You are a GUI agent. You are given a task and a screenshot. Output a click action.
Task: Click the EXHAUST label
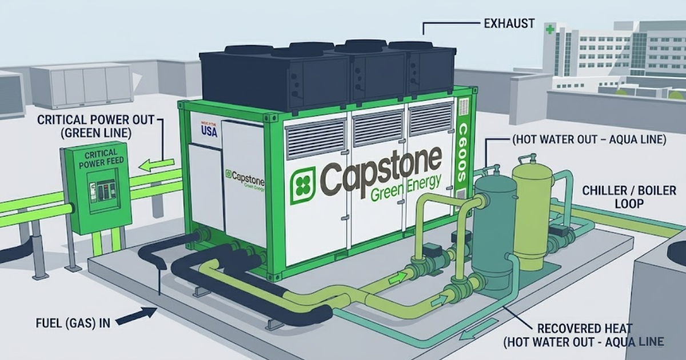point(509,23)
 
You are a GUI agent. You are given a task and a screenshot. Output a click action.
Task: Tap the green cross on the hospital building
point(550,29)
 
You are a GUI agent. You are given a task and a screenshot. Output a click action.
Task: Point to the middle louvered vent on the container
point(377,126)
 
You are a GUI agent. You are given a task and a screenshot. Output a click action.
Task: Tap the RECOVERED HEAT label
point(585,329)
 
